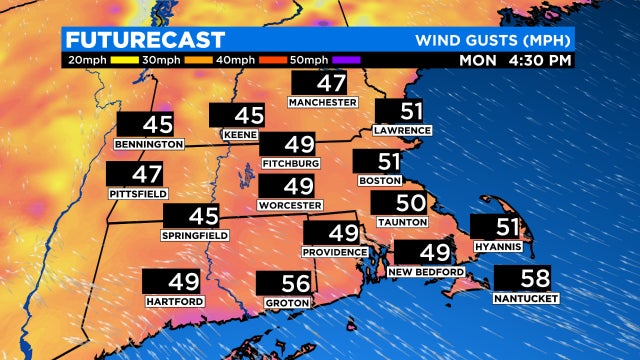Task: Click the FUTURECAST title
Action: (146, 40)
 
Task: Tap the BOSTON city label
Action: (379, 181)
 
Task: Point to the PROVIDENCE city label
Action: (335, 252)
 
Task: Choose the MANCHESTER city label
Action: (322, 102)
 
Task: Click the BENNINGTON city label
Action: (150, 144)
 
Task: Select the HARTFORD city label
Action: (175, 301)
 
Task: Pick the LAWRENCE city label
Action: (402, 130)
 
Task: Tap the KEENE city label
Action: (240, 135)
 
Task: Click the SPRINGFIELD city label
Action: (195, 235)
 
